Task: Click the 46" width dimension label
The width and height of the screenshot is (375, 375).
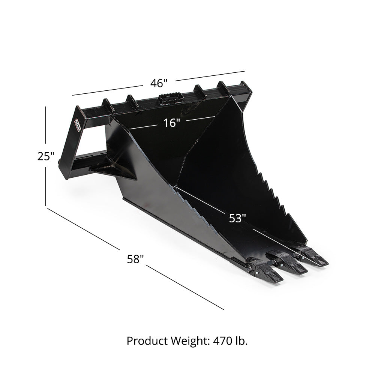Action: pos(159,83)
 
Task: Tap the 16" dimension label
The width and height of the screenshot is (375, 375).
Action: pos(172,122)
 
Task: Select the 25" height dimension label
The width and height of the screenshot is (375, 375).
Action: pos(46,156)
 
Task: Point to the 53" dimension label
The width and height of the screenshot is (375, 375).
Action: pos(237,218)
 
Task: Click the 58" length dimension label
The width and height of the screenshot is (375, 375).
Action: pos(135,259)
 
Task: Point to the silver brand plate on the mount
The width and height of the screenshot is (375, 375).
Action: pos(77,125)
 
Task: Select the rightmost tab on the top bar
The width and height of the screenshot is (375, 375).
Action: pos(224,88)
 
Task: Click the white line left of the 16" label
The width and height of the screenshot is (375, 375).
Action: pos(144,126)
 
